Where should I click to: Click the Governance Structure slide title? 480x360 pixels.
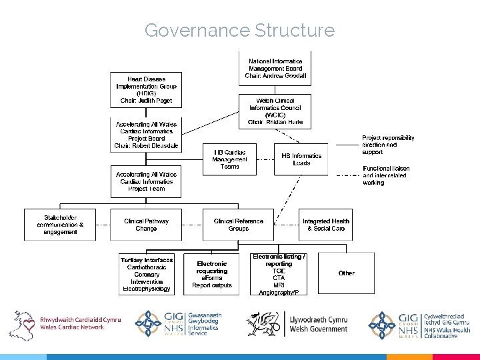coord(239,31)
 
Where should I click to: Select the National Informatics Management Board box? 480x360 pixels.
coord(275,69)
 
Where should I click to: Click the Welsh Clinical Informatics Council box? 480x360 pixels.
coord(275,111)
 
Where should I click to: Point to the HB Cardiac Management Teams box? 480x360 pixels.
coord(229,159)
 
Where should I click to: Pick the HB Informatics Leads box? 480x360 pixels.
coord(301,159)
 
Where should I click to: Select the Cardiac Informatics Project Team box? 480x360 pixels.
coord(146,181)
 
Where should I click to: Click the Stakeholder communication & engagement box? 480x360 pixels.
coord(61,225)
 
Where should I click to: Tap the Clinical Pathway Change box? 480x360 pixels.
coord(146,225)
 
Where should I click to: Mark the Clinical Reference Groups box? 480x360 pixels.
coord(238,225)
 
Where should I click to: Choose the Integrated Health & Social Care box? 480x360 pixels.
coord(326,225)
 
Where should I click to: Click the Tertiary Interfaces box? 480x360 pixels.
coord(147,274)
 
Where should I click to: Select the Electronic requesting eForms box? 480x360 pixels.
coord(211,274)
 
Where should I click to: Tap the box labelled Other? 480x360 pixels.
coord(346,273)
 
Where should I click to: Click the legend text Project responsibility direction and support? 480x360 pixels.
coord(388,145)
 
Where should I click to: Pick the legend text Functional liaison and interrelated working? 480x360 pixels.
coord(386,175)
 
